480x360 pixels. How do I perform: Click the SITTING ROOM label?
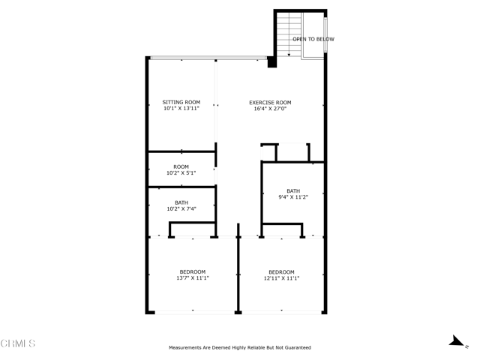(x=181, y=102)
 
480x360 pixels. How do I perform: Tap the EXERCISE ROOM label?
(x=270, y=102)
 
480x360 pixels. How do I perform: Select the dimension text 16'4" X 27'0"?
(x=270, y=109)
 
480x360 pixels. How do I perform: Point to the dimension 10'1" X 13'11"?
(x=181, y=109)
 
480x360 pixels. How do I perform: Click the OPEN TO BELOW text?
(x=313, y=39)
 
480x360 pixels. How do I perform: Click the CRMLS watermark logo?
(x=18, y=343)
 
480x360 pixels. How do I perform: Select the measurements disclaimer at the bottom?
(x=239, y=347)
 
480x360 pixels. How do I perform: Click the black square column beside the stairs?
(x=272, y=62)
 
